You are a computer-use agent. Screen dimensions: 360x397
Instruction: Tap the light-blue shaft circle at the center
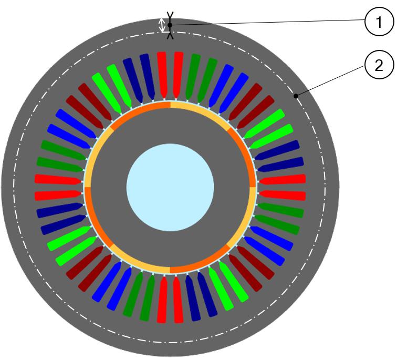click(170, 187)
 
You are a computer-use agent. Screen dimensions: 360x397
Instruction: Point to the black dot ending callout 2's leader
click(296, 96)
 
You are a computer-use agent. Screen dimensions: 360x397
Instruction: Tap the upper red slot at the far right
click(283, 179)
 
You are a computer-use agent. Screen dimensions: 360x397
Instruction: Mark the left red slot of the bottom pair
click(162, 300)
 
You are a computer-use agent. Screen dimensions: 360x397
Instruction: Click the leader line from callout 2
click(331, 79)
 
